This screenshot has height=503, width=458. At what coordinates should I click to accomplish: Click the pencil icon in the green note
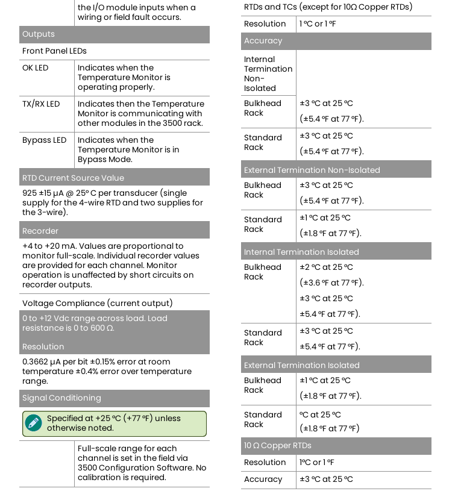point(34,423)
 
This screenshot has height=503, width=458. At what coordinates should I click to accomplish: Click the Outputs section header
point(39,34)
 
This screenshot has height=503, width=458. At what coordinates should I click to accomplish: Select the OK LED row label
point(35,68)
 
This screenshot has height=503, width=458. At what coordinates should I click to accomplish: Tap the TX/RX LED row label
point(41,104)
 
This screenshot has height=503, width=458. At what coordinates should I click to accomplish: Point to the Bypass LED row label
point(44,140)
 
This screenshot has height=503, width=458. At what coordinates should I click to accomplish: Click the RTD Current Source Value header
point(73,178)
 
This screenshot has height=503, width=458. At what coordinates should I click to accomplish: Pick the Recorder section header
point(40,231)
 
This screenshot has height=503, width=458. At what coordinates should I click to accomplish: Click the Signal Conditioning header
point(61,398)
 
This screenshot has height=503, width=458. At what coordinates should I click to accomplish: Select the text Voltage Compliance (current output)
point(98,303)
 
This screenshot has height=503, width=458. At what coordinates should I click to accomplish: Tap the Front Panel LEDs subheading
point(54,51)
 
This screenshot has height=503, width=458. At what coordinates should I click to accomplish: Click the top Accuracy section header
point(263,41)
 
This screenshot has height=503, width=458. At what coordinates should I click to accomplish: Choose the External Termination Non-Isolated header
point(312,170)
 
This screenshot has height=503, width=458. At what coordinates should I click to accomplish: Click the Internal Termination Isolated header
point(301,252)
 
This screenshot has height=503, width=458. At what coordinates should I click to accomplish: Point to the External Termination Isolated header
point(301,365)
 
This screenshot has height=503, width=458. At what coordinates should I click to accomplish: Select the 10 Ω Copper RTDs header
point(277,446)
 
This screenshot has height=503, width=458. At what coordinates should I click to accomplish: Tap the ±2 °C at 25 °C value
point(326,267)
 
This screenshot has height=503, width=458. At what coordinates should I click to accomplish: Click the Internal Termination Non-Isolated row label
point(268,73)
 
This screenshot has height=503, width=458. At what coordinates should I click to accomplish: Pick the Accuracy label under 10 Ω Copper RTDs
point(263,480)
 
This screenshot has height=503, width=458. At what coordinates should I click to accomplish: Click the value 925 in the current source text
point(29,193)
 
